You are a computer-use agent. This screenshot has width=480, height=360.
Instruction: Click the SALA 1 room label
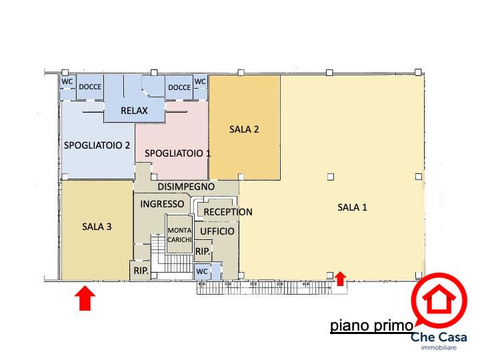tap(352, 207)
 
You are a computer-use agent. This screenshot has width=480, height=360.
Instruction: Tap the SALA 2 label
tap(244, 129)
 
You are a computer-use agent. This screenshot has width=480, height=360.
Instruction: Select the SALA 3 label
tap(97, 227)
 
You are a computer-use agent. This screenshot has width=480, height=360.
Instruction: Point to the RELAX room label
tap(134, 111)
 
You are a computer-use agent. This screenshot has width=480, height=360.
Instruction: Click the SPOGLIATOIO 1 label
tap(177, 153)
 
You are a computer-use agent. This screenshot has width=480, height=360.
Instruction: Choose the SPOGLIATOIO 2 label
tap(97, 145)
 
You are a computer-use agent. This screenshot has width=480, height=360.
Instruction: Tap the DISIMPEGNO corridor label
tap(186, 187)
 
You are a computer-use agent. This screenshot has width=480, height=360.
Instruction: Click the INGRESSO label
tap(162, 204)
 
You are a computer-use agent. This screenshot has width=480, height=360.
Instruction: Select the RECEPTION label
tap(228, 212)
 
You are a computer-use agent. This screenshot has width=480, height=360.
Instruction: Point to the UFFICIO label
tap(217, 231)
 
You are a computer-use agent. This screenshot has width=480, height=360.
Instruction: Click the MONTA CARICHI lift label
tap(180, 235)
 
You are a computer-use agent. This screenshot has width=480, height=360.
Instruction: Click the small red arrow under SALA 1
tap(340, 279)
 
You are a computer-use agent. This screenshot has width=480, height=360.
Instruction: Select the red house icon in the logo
tap(439, 299)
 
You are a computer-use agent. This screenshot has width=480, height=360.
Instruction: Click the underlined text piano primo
tap(372, 325)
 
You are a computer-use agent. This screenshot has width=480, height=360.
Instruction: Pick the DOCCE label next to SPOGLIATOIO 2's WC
tap(90, 87)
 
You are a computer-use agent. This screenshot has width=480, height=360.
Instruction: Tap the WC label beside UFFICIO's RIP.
tap(202, 271)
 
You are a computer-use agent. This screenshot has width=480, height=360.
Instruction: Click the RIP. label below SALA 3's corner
tap(141, 271)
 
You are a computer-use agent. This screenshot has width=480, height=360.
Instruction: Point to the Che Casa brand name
tap(439, 337)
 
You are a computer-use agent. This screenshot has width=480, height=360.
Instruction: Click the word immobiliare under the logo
tap(439, 347)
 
